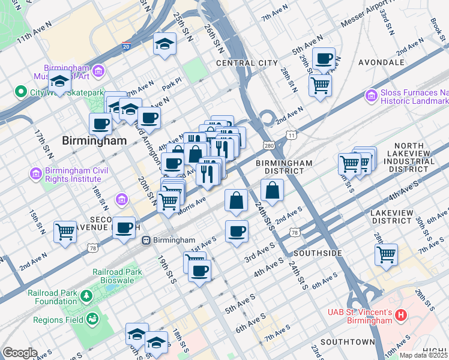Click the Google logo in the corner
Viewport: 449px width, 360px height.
[19, 353]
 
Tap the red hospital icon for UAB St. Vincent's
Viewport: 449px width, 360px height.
[402, 315]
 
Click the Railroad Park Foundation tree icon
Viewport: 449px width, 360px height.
[86, 295]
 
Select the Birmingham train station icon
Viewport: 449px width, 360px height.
[145, 240]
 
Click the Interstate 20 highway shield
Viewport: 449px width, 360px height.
[125, 46]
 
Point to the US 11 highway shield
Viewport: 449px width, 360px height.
[291, 136]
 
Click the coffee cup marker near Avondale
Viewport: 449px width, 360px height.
[324, 59]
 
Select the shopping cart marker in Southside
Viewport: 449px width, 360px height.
[386, 254]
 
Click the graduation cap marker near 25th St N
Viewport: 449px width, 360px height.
[164, 44]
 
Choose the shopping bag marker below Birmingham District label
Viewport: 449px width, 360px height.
[273, 190]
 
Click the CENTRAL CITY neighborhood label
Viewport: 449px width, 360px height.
[247, 62]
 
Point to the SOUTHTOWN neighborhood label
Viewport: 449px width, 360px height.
[348, 341]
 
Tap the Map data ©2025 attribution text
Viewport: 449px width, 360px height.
[423, 355]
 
